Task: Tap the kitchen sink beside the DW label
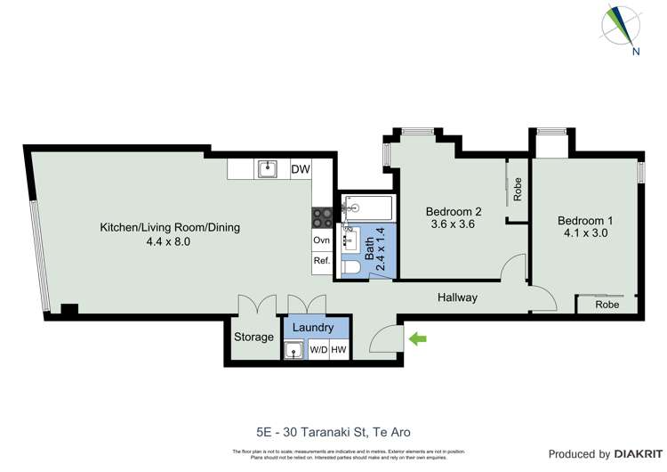(x=266, y=168)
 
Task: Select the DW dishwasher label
(x=300, y=167)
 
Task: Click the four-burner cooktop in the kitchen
(x=322, y=216)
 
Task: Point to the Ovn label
(x=322, y=240)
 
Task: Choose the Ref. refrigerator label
(x=322, y=262)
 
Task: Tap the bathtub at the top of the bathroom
(x=366, y=208)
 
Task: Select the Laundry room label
(x=313, y=328)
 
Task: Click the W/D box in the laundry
(x=317, y=350)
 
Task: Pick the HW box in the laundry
(x=338, y=350)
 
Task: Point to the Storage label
(x=253, y=338)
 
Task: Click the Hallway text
(x=456, y=297)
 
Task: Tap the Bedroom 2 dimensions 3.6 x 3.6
(x=454, y=225)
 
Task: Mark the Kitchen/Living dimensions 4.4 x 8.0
(x=169, y=241)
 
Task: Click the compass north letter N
(x=636, y=51)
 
